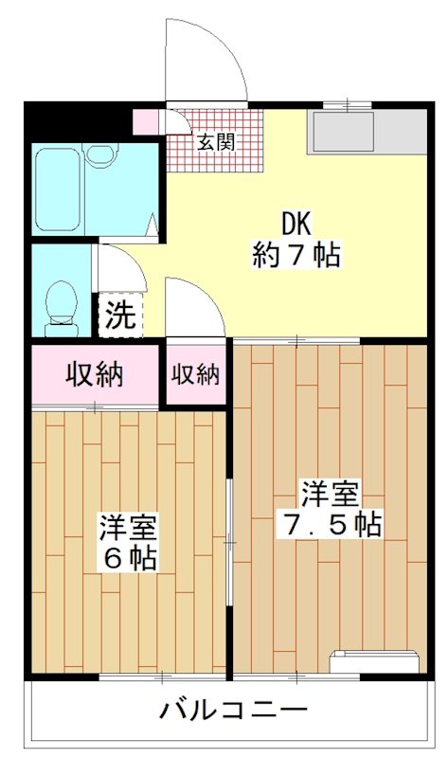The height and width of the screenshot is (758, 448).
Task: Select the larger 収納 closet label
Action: pyautogui.click(x=94, y=374)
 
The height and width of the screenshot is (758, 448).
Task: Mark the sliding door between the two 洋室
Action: pyautogui.click(x=229, y=540)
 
